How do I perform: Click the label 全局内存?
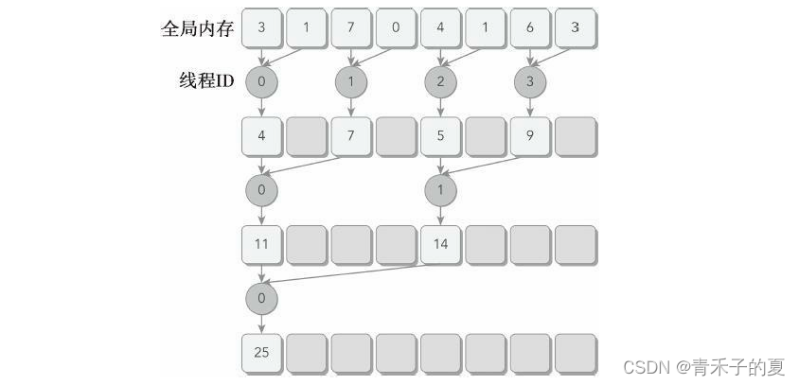(x=196, y=27)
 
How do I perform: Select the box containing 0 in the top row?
(x=395, y=27)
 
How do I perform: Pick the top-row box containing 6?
(x=529, y=27)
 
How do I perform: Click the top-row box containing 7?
(x=350, y=27)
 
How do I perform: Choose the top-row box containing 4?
(x=440, y=27)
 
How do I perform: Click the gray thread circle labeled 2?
(x=440, y=82)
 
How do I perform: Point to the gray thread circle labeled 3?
(x=529, y=82)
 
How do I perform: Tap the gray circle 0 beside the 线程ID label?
(x=261, y=82)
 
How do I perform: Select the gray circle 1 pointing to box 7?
(x=350, y=82)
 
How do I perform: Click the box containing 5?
(x=440, y=136)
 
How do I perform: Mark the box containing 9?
(x=529, y=136)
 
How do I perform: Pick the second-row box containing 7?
(x=350, y=136)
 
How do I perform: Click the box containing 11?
(x=261, y=244)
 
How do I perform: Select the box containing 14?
(x=440, y=244)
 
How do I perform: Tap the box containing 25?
(x=261, y=353)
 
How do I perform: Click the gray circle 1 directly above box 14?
(x=440, y=190)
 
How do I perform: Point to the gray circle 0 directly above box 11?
(x=261, y=190)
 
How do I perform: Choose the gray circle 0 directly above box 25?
(x=261, y=299)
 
